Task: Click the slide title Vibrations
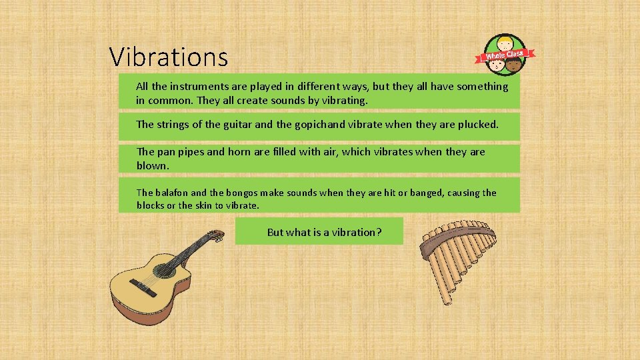(169, 57)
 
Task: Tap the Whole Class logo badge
(505, 55)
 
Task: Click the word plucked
(476, 124)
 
